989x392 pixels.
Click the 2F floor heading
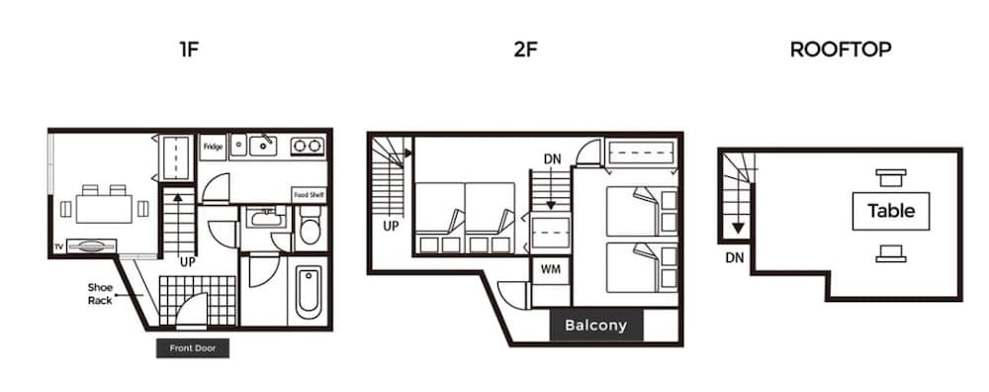click(525, 49)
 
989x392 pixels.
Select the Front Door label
click(193, 348)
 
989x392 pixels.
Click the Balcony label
click(595, 325)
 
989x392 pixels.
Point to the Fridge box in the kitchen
click(213, 147)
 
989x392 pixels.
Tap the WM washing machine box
click(551, 268)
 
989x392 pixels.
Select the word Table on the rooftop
click(891, 211)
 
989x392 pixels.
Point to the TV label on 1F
click(58, 245)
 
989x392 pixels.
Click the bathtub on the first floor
click(309, 289)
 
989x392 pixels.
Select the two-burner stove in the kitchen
click(308, 147)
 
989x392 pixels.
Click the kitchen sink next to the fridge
click(262, 147)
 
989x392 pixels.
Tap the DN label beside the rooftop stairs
click(733, 256)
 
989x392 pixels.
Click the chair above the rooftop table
click(891, 178)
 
